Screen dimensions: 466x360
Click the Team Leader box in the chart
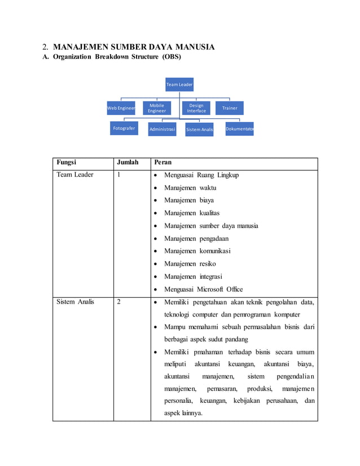(x=179, y=85)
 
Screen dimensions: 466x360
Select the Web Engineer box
(x=121, y=108)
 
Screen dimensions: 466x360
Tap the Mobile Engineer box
(x=157, y=108)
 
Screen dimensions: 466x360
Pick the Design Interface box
(x=196, y=108)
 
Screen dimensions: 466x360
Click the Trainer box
(x=230, y=108)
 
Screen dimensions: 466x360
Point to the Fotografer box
(x=124, y=129)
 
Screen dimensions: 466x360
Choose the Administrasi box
(x=162, y=129)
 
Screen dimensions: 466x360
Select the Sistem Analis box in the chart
(x=200, y=129)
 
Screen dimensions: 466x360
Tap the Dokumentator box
(x=239, y=129)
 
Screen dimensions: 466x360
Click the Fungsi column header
(x=67, y=163)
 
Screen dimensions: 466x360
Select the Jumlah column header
(x=127, y=163)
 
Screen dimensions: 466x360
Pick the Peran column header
(x=163, y=163)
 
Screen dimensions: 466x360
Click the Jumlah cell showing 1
(x=119, y=175)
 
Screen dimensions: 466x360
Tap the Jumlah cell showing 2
(x=119, y=302)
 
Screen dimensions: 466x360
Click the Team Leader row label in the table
(x=75, y=175)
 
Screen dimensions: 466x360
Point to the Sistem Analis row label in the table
(x=76, y=302)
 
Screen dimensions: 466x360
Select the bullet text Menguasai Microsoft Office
(x=203, y=289)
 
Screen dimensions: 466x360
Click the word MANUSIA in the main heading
(x=195, y=47)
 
